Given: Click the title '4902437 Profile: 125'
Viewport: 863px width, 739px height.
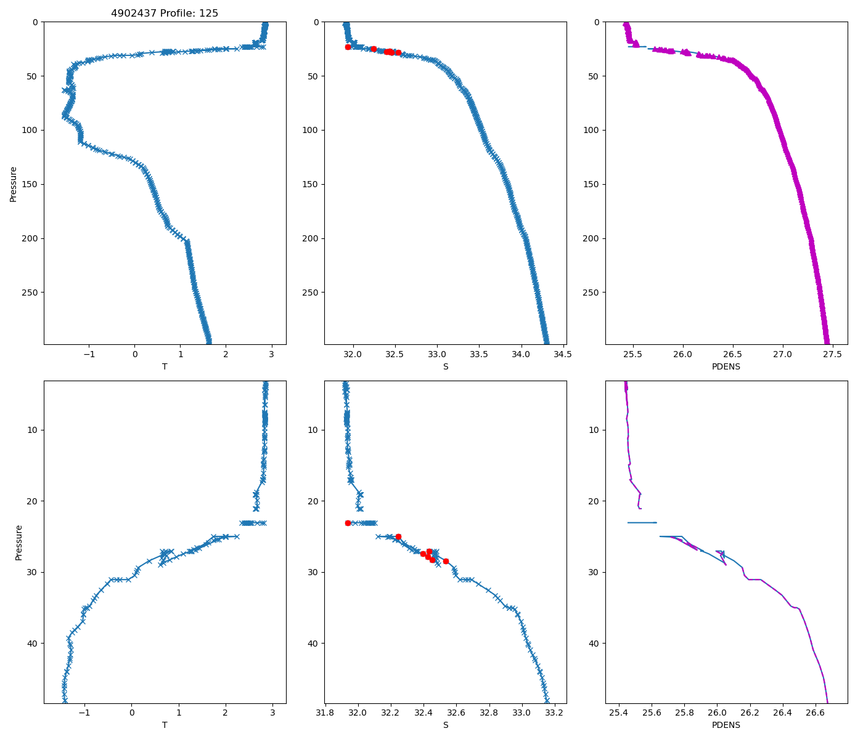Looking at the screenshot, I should click(165, 13).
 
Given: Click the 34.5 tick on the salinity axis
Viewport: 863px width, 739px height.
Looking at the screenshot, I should click(563, 354).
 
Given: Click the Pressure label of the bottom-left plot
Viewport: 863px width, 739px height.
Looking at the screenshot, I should click(18, 543).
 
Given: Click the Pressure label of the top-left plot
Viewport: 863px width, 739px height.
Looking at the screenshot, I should click(13, 184).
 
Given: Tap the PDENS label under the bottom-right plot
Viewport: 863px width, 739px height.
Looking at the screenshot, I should click(726, 725).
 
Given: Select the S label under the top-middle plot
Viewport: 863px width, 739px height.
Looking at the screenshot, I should click(445, 366).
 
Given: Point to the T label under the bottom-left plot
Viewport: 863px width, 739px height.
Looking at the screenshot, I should click(165, 725).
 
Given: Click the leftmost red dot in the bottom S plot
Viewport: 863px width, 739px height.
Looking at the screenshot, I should click(348, 523).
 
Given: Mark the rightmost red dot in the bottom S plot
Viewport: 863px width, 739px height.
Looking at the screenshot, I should click(446, 561).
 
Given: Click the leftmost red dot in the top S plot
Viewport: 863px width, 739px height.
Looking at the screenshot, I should click(348, 47).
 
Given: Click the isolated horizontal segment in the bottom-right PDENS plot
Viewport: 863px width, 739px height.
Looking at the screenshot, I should click(642, 523).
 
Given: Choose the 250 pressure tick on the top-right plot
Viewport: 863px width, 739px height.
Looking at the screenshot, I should click(594, 293).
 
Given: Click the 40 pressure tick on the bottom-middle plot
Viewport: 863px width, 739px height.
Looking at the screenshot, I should click(313, 643).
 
